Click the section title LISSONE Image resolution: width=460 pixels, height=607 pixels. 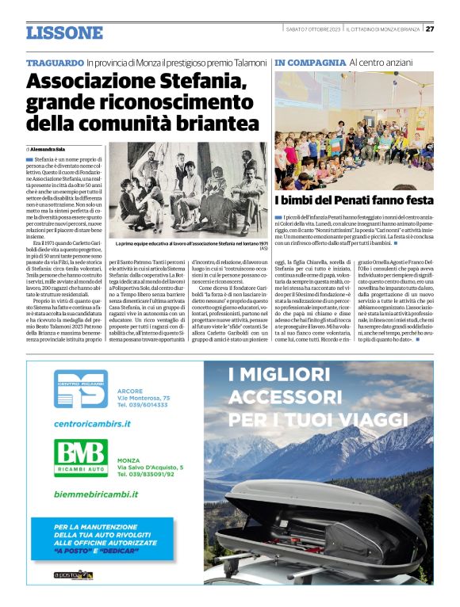(64, 33)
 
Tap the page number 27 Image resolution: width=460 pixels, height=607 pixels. (429, 29)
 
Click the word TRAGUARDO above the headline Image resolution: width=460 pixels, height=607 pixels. (55, 62)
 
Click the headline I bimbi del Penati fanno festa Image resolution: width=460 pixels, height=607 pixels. (354, 200)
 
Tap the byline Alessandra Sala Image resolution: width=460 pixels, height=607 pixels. (48, 148)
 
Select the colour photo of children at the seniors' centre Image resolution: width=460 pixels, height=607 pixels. (354, 130)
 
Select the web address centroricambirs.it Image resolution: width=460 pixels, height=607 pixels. (92, 424)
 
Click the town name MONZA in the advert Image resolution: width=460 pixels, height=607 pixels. (128, 460)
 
